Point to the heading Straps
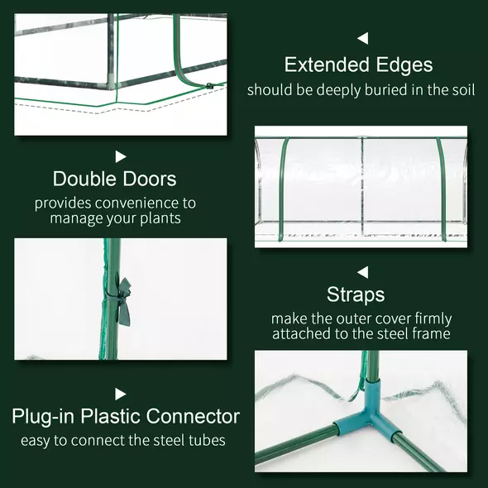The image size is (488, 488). [x=356, y=294]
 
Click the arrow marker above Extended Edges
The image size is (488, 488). [x=362, y=38]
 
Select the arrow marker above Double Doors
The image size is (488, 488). [x=121, y=155]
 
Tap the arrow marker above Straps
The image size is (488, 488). [x=362, y=271]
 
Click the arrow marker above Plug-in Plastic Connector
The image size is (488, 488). [x=121, y=394]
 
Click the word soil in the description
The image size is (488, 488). [x=461, y=89]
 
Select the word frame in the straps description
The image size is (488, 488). [x=432, y=334]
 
